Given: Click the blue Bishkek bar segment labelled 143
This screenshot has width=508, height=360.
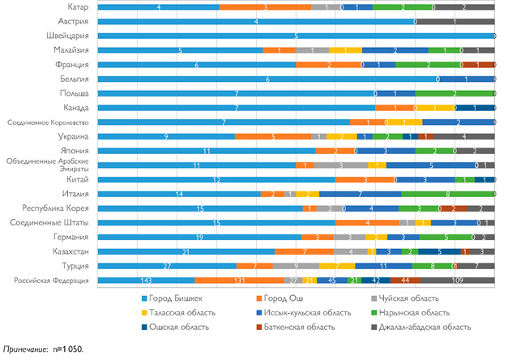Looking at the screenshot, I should click(x=146, y=280).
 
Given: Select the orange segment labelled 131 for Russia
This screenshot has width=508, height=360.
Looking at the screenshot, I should click(x=239, y=280).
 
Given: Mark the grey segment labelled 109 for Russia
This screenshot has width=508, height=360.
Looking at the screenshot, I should click(x=458, y=280).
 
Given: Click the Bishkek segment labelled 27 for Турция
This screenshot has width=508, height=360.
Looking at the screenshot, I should click(x=166, y=265).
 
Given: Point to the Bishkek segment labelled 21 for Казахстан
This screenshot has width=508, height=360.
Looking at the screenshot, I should click(x=186, y=251).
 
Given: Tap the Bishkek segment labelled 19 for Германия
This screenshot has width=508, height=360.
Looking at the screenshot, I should click(x=199, y=237).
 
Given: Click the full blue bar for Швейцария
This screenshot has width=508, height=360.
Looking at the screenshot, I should click(x=296, y=36).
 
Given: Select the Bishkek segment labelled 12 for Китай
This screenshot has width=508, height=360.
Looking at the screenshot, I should click(x=216, y=179).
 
